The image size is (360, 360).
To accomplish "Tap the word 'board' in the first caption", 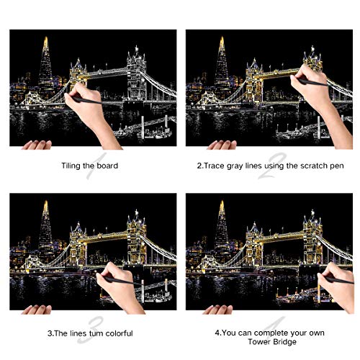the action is [x=107, y=166].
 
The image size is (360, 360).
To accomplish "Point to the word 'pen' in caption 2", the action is [x=337, y=166].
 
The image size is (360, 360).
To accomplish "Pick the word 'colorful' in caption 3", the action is [x=119, y=333].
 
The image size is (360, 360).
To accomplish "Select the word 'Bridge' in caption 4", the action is [x=284, y=341].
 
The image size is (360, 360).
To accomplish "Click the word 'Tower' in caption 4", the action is [x=259, y=341].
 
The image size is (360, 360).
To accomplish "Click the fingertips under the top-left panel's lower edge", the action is [x=37, y=145].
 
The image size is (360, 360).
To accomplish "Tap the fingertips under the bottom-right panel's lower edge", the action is [x=217, y=309].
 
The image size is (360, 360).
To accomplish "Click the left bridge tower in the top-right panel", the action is [x=254, y=81].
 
